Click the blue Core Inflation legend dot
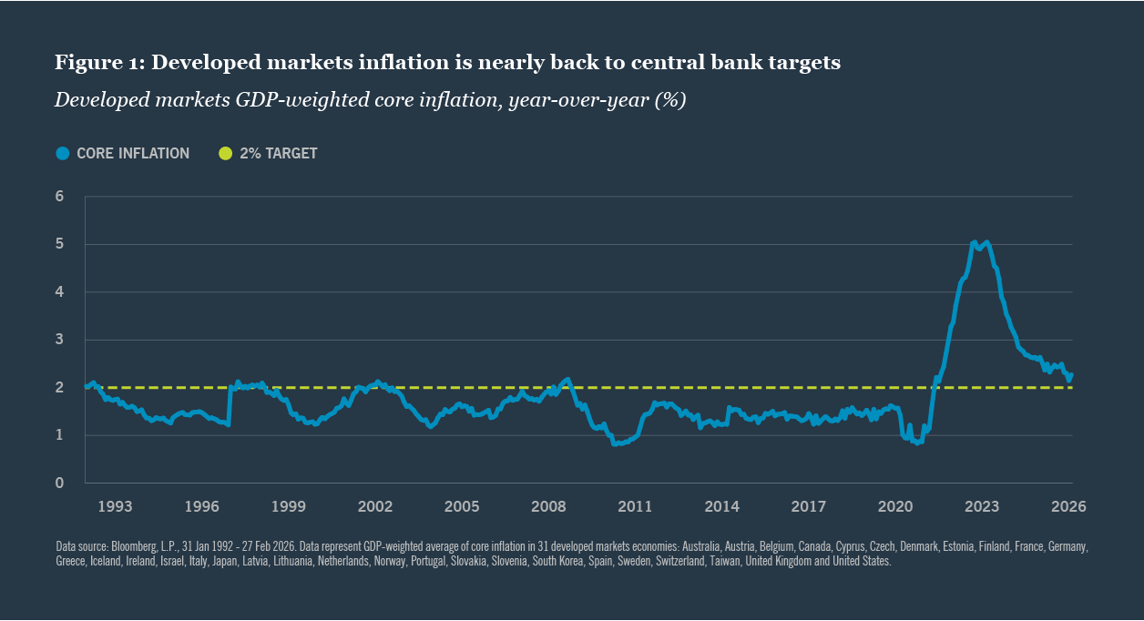62,153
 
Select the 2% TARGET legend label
278,153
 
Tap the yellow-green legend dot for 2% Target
225,153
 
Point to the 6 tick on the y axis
59,197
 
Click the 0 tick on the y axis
59,483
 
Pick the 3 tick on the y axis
59,340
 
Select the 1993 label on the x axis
115,506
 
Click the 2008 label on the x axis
548,506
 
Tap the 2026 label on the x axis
1069,506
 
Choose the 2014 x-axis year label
721,506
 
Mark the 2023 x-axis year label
982,506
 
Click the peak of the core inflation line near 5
975,242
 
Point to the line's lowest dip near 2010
615,443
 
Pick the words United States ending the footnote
865,562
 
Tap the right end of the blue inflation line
1071,375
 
